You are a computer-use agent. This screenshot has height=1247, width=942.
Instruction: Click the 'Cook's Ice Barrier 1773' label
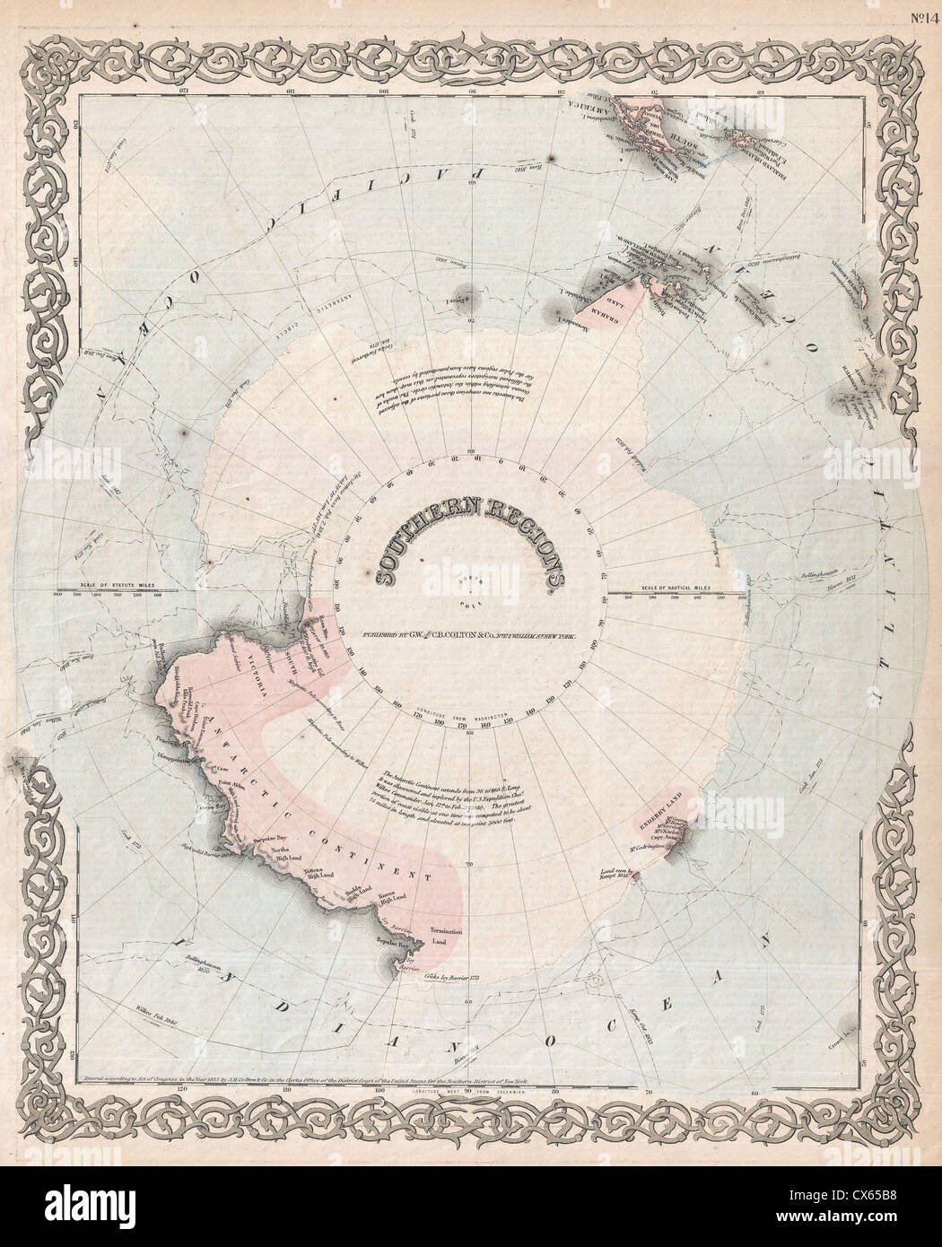[429, 974]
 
